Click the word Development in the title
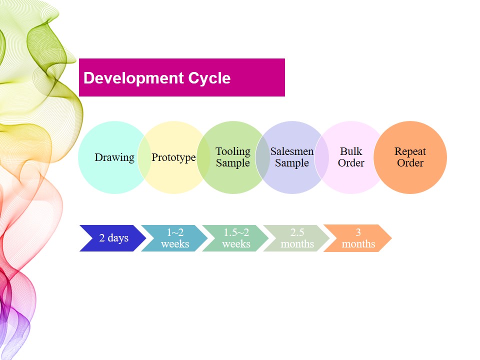pos(133,78)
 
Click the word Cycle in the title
pos(209,78)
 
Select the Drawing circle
pos(114,157)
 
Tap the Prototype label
pos(173,157)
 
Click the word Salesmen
pos(292,151)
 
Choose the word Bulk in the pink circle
pos(351,151)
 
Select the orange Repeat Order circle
pos(410,157)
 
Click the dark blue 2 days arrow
pos(113,238)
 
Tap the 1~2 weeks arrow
pos(174,238)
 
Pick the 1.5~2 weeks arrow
pos(235,238)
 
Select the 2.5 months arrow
pos(296,238)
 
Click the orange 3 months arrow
pos(357,238)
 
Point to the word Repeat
pos(410,151)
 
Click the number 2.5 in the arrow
pos(297,232)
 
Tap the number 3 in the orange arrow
pos(358,232)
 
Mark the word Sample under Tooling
pos(233,163)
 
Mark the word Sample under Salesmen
pos(292,163)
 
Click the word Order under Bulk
pos(351,163)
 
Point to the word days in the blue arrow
pos(118,238)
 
